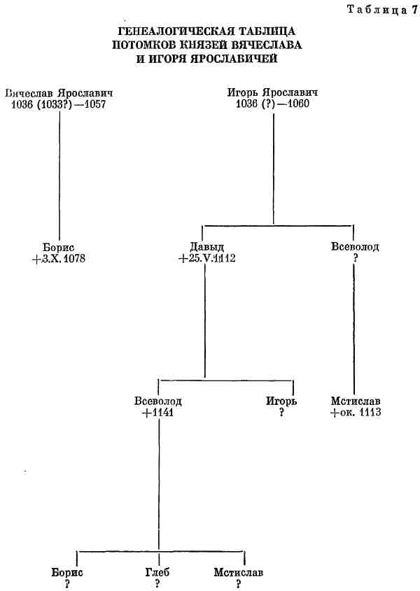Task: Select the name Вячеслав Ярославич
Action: (x=59, y=93)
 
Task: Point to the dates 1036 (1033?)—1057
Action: (x=59, y=104)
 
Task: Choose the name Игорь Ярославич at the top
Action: (x=273, y=93)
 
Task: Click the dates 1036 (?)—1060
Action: (x=273, y=104)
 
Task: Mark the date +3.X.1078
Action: (x=59, y=259)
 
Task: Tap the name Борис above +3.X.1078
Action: (x=59, y=247)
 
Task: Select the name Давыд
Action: (x=205, y=247)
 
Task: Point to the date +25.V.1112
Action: (x=206, y=259)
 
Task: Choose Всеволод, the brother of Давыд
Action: (x=355, y=247)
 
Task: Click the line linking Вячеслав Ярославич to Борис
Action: (x=59, y=175)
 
